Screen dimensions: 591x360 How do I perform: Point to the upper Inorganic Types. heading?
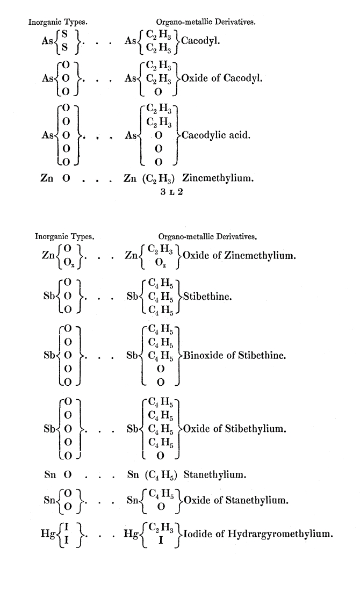coord(58,22)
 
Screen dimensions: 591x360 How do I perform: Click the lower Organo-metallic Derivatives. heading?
coord(207,235)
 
